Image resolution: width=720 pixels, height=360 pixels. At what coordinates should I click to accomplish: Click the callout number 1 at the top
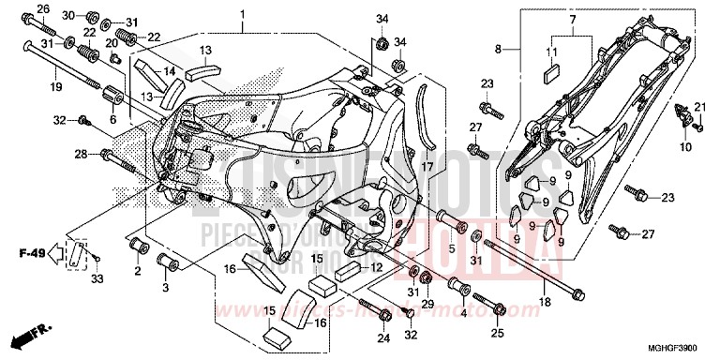tap(241, 16)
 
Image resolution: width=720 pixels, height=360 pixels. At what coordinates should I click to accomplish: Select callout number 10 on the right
tap(685, 147)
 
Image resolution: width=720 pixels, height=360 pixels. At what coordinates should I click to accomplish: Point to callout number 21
tap(697, 108)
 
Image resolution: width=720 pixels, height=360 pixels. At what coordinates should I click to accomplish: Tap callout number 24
tap(383, 338)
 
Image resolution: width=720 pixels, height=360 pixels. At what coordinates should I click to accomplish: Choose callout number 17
tap(427, 166)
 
